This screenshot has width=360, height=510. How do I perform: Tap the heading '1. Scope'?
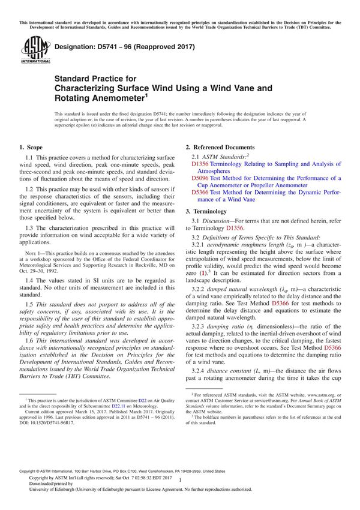pos(31,147)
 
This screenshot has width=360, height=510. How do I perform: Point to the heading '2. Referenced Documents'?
pos(220,147)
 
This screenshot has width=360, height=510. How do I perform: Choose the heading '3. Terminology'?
pos(206,211)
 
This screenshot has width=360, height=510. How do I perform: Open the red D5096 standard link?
pos(200,178)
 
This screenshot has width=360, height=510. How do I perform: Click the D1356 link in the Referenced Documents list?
pos(200,163)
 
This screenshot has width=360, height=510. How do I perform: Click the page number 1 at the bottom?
pos(180,490)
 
